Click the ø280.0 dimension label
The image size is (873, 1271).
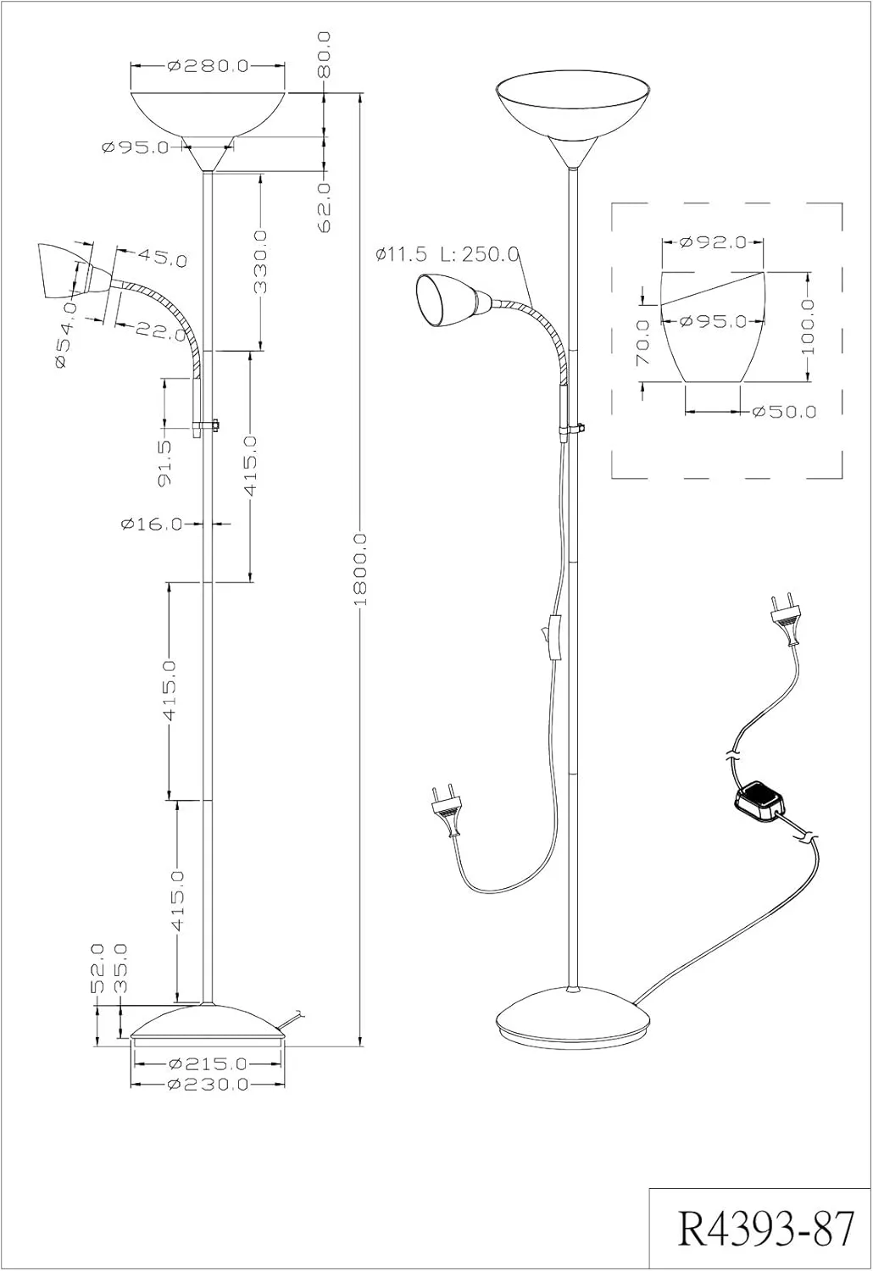208,65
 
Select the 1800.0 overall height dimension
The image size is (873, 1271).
359,569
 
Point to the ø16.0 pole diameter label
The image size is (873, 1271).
152,524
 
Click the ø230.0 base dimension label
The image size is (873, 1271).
208,1084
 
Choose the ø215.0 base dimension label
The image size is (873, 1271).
208,1063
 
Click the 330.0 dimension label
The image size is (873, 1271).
260,261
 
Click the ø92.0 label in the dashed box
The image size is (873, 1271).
713,242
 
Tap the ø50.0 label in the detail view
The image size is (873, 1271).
784,412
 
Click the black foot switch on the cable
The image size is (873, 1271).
760,802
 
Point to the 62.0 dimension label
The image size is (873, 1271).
325,206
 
